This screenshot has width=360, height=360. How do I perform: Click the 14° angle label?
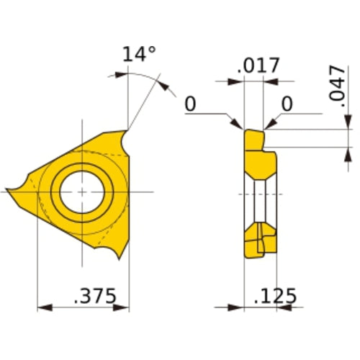pos(139,55)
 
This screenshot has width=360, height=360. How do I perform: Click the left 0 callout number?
pos(190,104)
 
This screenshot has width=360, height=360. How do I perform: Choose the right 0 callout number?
pos(287,104)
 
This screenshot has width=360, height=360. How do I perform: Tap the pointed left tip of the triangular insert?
pos(10,191)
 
